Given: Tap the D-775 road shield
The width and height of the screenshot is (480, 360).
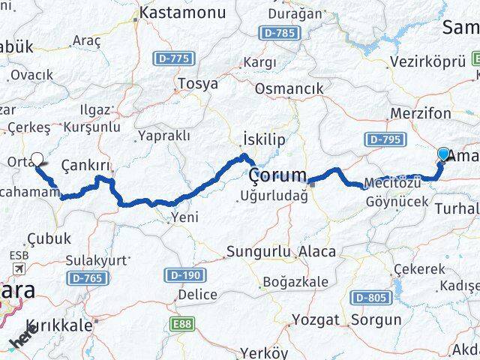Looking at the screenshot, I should [x=175, y=58].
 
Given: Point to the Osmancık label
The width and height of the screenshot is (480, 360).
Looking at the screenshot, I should [x=289, y=88].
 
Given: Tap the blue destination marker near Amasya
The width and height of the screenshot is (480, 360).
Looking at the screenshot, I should [x=443, y=154].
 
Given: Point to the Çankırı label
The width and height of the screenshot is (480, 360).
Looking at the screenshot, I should [x=86, y=165].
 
